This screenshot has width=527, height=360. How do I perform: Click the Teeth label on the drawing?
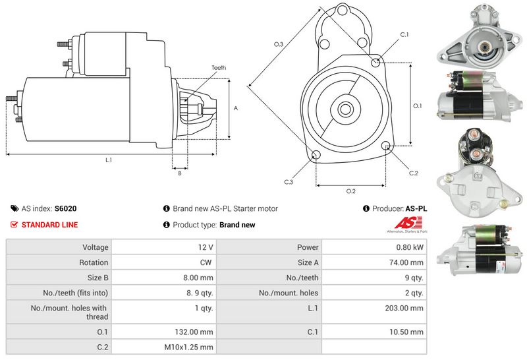click(219, 68)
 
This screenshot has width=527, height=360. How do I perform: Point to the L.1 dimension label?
click(108, 160)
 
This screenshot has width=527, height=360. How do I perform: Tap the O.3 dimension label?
click(279, 44)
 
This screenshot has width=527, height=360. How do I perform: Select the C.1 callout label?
click(404, 34)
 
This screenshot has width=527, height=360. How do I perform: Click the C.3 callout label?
click(289, 182)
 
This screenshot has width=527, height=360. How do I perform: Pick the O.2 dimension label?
click(351, 191)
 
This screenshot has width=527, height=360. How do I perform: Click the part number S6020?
click(65, 208)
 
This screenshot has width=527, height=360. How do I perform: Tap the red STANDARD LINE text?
click(49, 225)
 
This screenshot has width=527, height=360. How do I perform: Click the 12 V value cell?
click(205, 247)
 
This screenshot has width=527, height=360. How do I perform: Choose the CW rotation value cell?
click(207, 262)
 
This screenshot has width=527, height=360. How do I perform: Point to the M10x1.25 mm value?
click(188, 346)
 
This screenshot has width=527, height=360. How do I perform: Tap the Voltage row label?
click(95, 247)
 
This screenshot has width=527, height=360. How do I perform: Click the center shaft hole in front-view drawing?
click(345, 108)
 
